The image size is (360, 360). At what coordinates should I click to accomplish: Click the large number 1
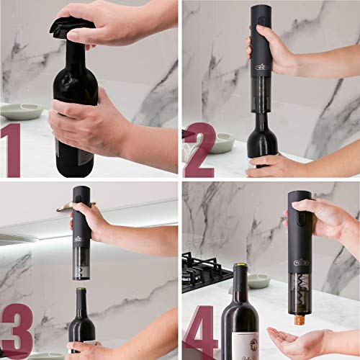click(12, 150)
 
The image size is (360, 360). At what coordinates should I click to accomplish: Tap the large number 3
click(17, 332)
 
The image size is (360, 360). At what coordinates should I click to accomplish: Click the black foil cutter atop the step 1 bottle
click(71, 28)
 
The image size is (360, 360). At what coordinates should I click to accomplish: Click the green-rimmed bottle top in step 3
click(81, 292)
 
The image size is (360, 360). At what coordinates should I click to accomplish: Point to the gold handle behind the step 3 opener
click(68, 207)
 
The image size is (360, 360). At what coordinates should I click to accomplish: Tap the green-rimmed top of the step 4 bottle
click(240, 267)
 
